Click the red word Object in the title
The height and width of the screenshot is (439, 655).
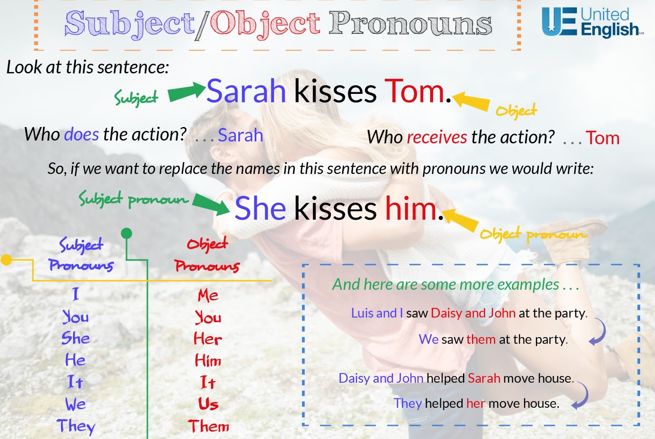pos(265,23)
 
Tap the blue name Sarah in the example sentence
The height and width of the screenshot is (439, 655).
pos(246,91)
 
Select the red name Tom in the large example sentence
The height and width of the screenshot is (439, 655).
pos(414,91)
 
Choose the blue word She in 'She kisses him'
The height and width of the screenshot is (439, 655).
pos(260,209)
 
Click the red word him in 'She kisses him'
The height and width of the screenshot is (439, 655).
pos(411,209)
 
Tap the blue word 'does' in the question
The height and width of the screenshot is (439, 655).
pos(81,134)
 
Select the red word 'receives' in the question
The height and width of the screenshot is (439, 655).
pos(437,137)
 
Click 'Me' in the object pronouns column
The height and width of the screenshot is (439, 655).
pos(208,296)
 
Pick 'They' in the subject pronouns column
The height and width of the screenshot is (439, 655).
pos(76,426)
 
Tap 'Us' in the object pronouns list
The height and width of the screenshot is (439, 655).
pos(208,404)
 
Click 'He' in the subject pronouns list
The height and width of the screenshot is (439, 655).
pos(75,360)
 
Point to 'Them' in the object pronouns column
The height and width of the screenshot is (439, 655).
pos(209,426)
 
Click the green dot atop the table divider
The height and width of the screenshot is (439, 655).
pos(126,234)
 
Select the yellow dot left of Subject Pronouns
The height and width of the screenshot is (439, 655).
pos(7,259)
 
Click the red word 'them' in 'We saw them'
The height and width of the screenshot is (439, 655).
pos(481,339)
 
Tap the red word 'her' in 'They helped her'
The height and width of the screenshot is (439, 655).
pos(476,403)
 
